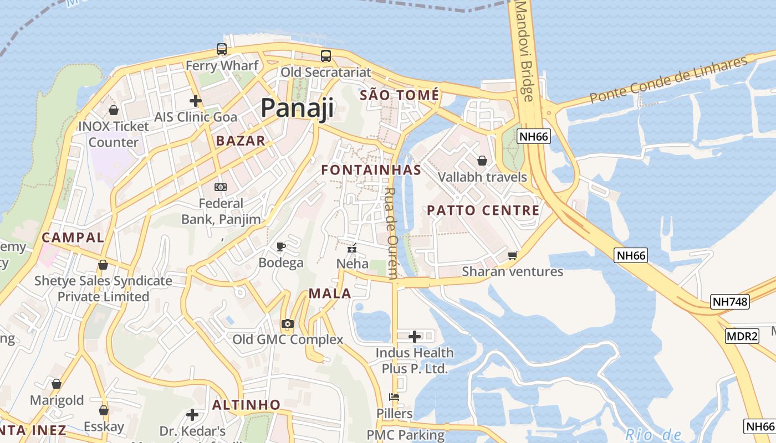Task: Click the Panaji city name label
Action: tap(297, 108)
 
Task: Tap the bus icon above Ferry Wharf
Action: tap(222, 49)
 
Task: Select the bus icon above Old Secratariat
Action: tap(325, 56)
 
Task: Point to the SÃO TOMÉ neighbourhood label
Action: tap(399, 95)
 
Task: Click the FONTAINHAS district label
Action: tap(371, 170)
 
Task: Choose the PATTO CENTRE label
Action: tap(483, 210)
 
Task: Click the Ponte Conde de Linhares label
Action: tap(668, 80)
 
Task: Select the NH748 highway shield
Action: tap(729, 302)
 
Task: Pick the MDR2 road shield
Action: tap(742, 336)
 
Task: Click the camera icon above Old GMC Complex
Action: tap(287, 323)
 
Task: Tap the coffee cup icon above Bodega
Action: tap(281, 246)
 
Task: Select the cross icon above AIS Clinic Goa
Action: tap(195, 101)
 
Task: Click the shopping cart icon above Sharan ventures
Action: tap(512, 255)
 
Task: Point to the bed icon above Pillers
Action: tap(394, 397)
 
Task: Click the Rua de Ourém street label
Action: tap(391, 233)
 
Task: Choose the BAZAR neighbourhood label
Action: tap(241, 141)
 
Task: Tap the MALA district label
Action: tap(330, 293)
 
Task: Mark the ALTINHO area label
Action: tap(246, 405)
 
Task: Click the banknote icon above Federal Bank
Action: tap(221, 187)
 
